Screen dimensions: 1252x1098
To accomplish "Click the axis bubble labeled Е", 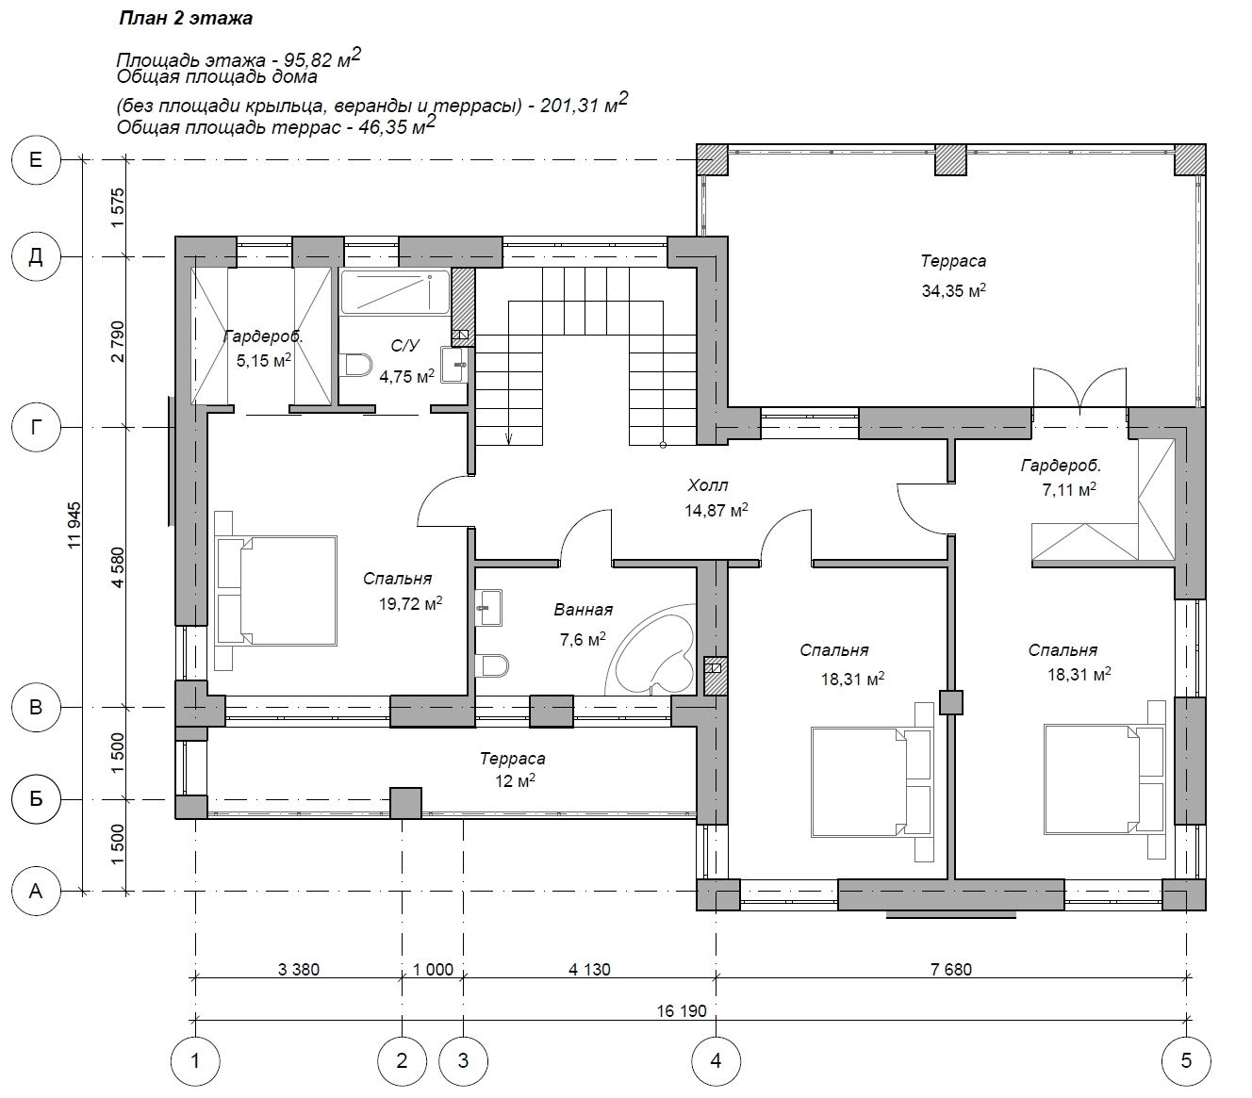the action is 36,160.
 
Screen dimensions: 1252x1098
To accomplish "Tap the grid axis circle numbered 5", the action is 1186,1061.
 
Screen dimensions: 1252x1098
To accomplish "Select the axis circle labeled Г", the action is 36,426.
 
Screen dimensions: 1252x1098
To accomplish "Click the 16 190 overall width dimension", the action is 681,1011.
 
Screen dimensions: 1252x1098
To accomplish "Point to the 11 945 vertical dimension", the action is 74,525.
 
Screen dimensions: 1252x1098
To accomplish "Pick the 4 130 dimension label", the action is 589,970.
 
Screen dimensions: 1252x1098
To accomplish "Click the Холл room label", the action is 708,485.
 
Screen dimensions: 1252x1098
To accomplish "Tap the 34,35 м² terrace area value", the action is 953,289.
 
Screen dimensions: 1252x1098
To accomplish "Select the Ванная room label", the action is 583,610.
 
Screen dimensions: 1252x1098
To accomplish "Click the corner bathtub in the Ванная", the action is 651,650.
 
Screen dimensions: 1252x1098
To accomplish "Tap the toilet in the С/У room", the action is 354,365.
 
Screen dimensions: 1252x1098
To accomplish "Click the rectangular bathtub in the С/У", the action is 396,292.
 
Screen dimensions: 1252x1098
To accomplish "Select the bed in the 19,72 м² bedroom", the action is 276,591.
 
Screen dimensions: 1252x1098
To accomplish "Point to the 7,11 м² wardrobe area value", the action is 1069,490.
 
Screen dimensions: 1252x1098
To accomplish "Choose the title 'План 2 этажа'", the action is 186,19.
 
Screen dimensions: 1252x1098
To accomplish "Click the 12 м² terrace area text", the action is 514,781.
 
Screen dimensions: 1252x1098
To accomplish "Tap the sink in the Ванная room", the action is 488,607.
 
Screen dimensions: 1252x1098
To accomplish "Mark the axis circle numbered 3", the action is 463,1061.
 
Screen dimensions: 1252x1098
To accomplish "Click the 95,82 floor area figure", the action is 306,60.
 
